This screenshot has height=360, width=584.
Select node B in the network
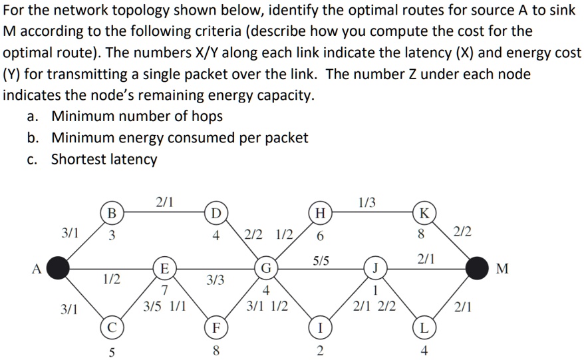coord(112,213)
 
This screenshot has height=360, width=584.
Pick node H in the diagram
coord(321,213)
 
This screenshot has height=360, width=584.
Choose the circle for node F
coord(215,327)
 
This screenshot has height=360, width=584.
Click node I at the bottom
coord(321,327)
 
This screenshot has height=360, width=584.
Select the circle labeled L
coord(424,327)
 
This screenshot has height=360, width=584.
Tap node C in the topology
coord(112,327)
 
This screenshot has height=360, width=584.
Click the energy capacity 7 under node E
coord(164,291)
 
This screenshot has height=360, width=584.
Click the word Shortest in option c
coord(76,160)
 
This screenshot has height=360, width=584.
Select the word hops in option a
coord(205,116)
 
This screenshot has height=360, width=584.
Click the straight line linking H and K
coord(372,213)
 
